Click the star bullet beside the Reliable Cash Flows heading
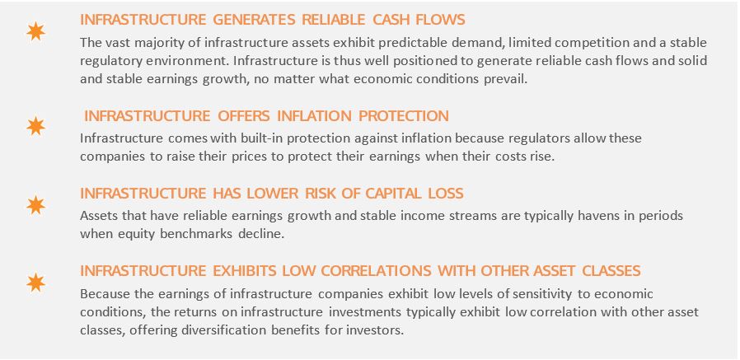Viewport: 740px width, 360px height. [x=36, y=31]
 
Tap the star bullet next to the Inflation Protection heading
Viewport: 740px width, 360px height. [x=36, y=126]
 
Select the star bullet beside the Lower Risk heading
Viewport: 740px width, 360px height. [x=36, y=206]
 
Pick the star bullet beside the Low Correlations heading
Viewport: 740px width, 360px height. [x=36, y=283]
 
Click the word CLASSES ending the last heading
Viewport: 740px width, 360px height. [x=611, y=271]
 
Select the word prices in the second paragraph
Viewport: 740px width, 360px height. [x=246, y=157]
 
